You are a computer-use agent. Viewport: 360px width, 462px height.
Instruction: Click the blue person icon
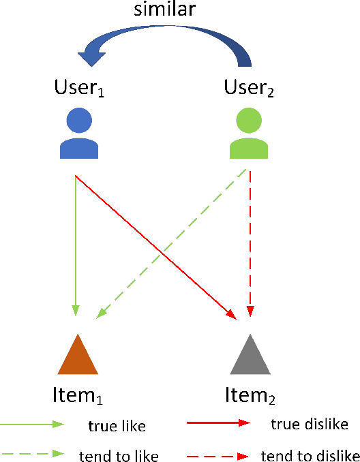point(79,134)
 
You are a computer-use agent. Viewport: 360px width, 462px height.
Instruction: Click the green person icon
point(250,134)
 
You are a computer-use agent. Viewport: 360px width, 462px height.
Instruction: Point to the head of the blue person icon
point(79,121)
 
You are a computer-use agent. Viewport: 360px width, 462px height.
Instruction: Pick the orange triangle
point(78,356)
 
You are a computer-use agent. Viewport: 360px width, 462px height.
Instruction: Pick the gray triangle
point(251,356)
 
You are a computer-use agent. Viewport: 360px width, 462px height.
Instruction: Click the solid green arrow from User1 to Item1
point(76,245)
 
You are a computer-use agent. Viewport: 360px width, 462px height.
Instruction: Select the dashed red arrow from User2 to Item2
point(251,245)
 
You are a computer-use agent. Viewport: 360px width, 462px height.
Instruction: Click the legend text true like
point(117,427)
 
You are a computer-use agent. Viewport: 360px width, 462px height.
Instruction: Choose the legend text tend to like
point(119,455)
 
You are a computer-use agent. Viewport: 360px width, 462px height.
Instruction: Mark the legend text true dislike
point(310,425)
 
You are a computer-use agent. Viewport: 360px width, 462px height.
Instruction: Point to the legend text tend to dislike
point(310,455)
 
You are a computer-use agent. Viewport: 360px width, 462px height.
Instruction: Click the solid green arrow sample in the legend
point(32,424)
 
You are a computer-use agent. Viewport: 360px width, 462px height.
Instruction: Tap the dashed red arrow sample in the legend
point(218,452)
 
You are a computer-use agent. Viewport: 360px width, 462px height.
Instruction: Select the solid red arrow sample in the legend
point(218,422)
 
